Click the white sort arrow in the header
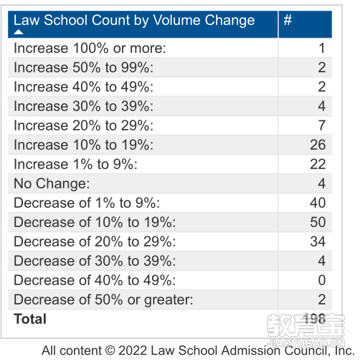19,32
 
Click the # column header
288,20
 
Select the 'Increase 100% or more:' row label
90,48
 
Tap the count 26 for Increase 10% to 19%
318,145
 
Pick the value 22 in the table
318,164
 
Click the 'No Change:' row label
52,183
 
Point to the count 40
318,203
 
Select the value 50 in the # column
318,222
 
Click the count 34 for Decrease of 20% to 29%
318,241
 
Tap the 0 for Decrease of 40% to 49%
322,280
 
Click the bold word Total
30,319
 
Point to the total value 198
314,319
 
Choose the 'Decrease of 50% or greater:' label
103,300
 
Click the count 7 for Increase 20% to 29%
322,125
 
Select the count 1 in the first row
322,48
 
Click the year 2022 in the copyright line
133,351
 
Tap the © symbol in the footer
110,351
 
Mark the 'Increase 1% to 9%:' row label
75,164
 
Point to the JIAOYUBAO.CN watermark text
306,343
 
